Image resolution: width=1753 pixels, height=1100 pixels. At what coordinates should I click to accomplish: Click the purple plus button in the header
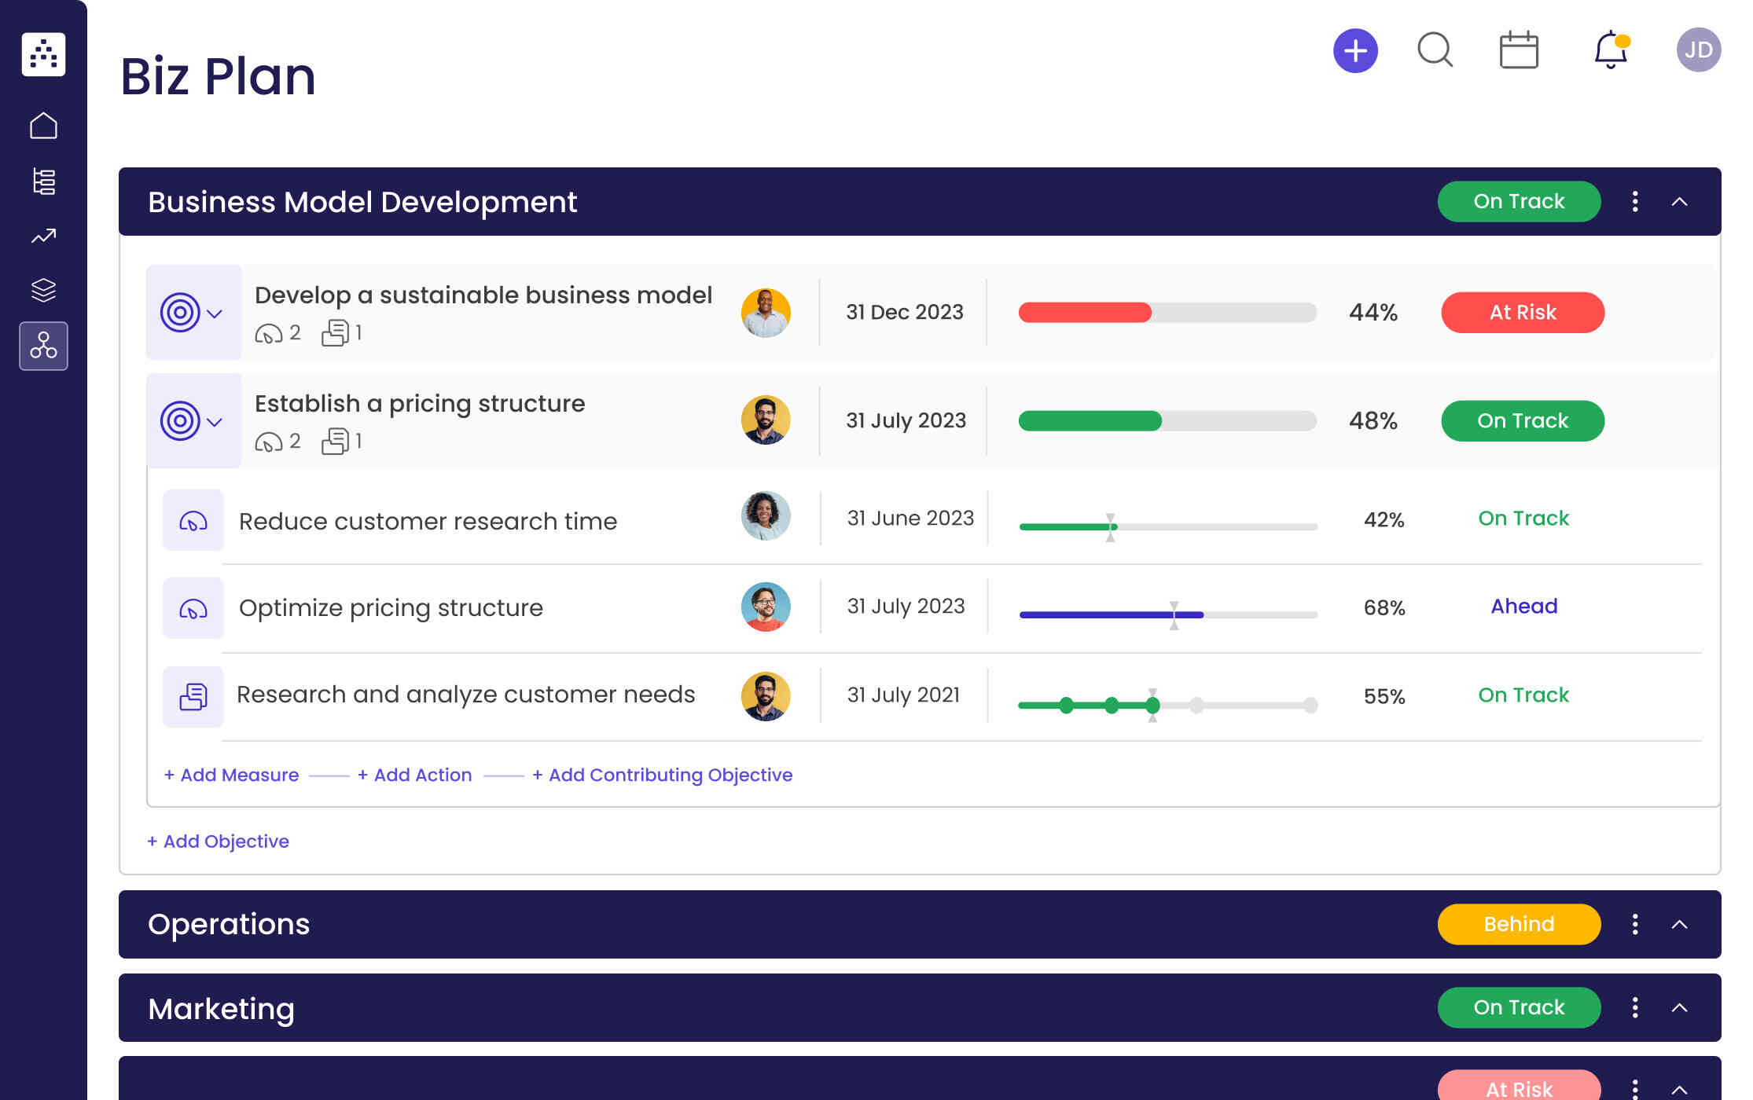point(1355,51)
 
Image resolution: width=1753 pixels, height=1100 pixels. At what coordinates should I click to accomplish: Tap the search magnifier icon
point(1435,50)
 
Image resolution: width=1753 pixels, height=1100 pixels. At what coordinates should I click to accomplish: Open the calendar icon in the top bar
point(1519,50)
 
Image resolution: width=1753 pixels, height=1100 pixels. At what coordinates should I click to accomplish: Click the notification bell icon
point(1610,50)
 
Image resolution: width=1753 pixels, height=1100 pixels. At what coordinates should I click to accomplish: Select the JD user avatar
point(1698,50)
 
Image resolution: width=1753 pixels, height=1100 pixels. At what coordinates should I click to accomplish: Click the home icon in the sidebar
point(43,126)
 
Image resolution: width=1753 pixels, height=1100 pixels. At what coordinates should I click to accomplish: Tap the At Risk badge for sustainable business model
point(1522,313)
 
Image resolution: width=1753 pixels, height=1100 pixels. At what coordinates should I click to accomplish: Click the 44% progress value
point(1373,313)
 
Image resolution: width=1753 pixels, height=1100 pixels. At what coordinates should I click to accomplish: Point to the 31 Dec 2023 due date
point(904,313)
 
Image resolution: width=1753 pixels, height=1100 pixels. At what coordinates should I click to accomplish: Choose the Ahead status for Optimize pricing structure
point(1523,607)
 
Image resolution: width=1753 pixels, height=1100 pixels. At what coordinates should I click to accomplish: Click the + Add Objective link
point(218,841)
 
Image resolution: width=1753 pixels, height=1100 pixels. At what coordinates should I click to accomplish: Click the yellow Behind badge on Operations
point(1519,924)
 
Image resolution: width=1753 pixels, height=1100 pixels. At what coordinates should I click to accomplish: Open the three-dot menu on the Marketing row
point(1635,1007)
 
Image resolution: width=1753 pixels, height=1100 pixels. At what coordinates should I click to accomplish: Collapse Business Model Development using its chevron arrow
point(1679,202)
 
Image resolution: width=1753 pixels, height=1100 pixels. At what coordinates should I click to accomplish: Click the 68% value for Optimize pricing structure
point(1384,607)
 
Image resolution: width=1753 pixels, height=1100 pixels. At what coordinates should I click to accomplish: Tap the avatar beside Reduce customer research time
point(765,516)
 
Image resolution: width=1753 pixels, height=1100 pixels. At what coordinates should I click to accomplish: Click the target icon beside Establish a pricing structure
point(180,421)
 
